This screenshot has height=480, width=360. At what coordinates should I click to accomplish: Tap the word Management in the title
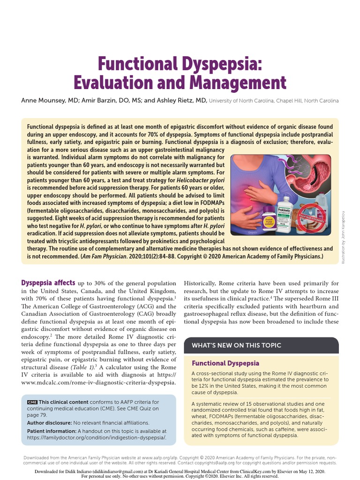[x=238, y=83]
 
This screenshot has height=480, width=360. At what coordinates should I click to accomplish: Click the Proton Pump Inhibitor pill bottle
[x=263, y=220]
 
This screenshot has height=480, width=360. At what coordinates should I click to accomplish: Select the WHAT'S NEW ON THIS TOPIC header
[x=236, y=345]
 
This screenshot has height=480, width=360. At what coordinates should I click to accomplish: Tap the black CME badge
[x=32, y=402]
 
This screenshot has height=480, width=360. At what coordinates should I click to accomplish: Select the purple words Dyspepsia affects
[x=48, y=283]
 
